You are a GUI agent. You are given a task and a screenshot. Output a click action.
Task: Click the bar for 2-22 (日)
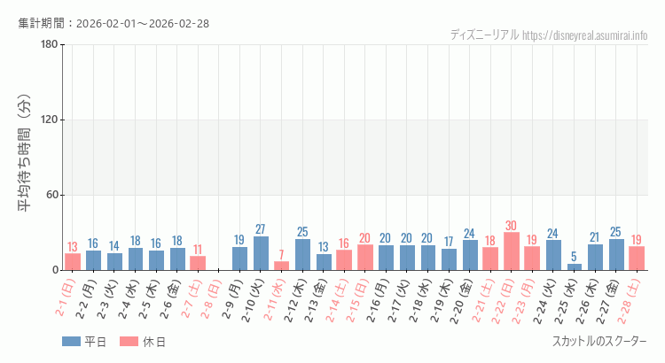click(511, 251)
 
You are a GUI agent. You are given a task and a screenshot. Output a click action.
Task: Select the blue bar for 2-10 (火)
click(261, 253)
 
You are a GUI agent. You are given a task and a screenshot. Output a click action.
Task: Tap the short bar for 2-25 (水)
click(574, 266)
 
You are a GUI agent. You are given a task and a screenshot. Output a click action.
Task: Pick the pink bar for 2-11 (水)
click(281, 266)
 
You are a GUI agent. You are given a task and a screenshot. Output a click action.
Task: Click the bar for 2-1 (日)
click(73, 262)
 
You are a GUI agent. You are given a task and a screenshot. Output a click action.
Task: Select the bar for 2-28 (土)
click(636, 259)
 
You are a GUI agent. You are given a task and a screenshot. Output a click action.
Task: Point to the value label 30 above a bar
click(511, 226)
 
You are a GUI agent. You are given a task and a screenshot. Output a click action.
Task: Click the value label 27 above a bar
click(261, 229)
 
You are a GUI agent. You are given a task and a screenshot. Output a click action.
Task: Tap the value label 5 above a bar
click(574, 257)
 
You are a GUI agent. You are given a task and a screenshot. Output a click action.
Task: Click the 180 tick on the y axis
click(49, 45)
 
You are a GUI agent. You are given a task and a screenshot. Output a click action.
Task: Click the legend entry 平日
click(84, 342)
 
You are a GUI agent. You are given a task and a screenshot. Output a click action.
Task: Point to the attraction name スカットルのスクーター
click(599, 342)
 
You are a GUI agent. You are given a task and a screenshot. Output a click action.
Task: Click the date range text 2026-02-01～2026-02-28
click(142, 23)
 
